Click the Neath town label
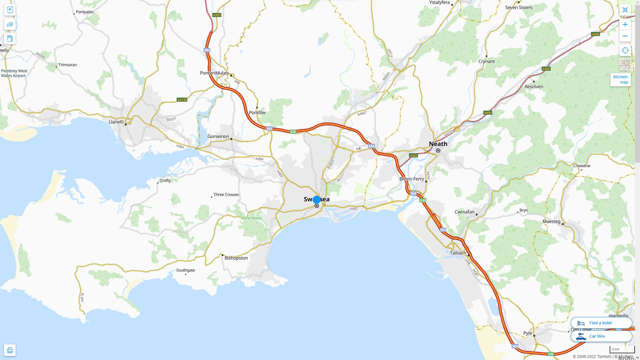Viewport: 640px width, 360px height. (438, 144)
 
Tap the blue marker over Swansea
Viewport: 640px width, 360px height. (316, 200)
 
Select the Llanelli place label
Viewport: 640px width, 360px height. (116, 122)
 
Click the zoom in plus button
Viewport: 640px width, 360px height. (625, 24)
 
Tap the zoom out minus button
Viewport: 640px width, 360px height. (625, 36)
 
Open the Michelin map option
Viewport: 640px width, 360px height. (620, 79)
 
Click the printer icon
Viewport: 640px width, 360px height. (10, 350)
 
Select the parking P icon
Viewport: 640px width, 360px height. (10, 10)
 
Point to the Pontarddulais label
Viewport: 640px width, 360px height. (214, 73)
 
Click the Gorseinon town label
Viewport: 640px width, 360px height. (218, 136)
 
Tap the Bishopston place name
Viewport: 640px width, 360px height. (236, 258)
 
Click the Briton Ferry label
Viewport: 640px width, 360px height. (411, 179)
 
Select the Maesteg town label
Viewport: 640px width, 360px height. (551, 221)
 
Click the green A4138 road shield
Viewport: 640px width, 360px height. (182, 100)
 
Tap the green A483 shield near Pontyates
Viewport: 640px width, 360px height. (217, 15)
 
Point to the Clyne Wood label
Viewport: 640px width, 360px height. (251, 218)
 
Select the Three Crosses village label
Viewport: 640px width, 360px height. (226, 195)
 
